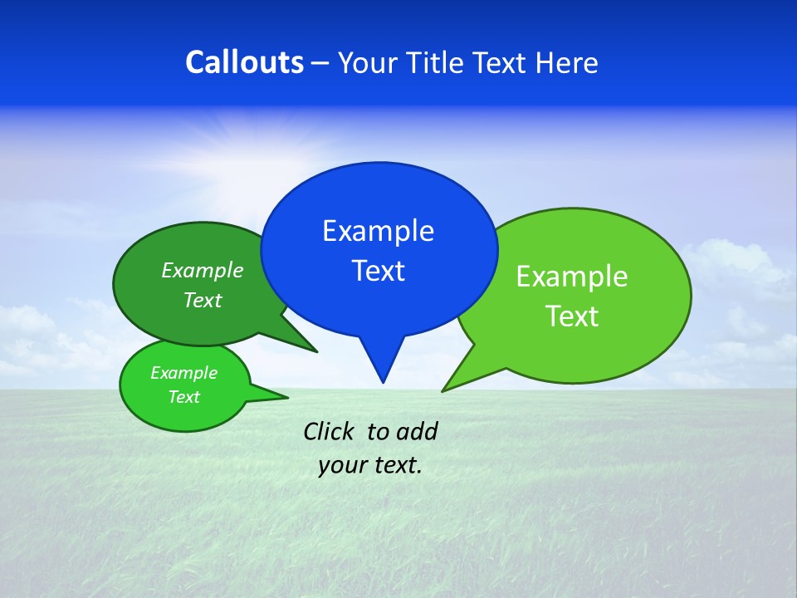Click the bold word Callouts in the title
click(244, 62)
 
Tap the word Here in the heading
click(565, 62)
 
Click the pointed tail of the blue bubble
click(382, 370)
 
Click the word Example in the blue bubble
click(379, 231)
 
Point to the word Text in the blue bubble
click(379, 271)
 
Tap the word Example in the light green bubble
click(572, 276)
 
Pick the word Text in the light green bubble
click(572, 316)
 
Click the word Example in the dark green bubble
click(203, 270)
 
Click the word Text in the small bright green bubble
click(184, 397)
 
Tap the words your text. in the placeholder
click(370, 465)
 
